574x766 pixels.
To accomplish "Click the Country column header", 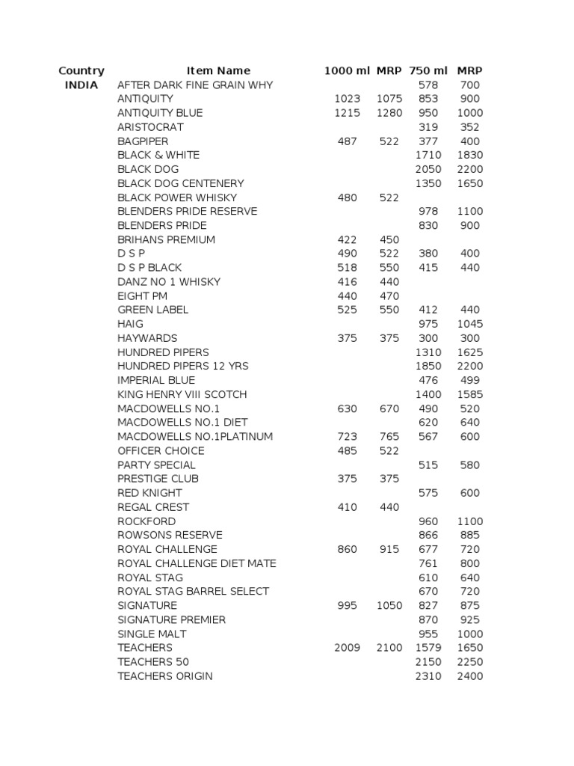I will [x=81, y=71].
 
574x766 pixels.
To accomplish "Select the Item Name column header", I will [x=218, y=71].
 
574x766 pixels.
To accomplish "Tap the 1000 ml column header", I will [x=347, y=71].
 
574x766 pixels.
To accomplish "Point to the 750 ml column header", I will [x=428, y=71].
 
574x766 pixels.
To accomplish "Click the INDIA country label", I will [x=81, y=85].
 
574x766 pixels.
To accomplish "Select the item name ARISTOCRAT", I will [x=150, y=127].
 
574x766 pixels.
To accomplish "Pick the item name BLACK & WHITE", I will [x=158, y=155].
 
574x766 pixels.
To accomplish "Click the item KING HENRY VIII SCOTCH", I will [x=182, y=394].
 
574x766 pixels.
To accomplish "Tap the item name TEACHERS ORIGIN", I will [x=164, y=676].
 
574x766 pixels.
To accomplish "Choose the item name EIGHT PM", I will [x=142, y=296].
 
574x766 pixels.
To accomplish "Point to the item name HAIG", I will [x=130, y=324].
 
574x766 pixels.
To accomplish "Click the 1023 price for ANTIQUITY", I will [x=347, y=99].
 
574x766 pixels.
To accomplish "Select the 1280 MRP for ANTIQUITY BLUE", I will [x=389, y=113].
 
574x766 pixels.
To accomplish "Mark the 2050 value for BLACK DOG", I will [x=428, y=169].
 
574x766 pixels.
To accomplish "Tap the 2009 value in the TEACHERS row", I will [x=347, y=648].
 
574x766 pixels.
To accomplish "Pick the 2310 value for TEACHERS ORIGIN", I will [x=428, y=676].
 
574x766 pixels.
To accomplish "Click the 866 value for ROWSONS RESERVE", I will [x=428, y=535].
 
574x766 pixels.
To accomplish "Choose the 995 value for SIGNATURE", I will [x=347, y=605].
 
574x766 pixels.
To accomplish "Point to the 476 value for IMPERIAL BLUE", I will [x=428, y=380].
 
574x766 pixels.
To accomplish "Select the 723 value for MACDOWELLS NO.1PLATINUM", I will [x=347, y=436].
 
